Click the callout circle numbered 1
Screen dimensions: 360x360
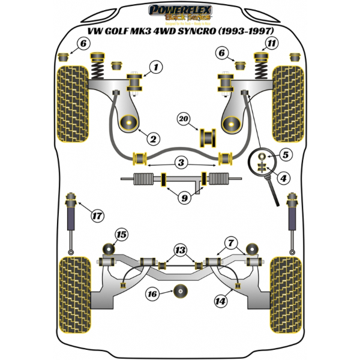coord(156,68)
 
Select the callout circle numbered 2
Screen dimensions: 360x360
coord(153,139)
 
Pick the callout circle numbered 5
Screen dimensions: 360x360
coord(285,155)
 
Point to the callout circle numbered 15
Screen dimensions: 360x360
coord(122,234)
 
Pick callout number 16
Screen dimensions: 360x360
coord(153,293)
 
